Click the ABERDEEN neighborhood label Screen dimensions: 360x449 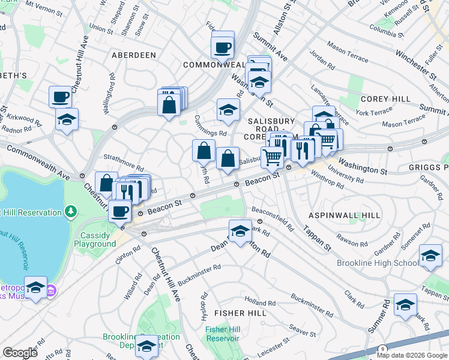point(133,55)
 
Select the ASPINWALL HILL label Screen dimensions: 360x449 point(344,215)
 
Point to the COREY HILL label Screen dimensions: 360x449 point(385,98)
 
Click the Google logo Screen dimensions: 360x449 point(20,352)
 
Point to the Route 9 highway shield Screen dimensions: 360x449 point(382,349)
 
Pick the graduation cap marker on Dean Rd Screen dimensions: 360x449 point(240,230)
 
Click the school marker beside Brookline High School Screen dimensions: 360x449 point(430,255)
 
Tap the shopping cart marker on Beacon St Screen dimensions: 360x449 point(273,157)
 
